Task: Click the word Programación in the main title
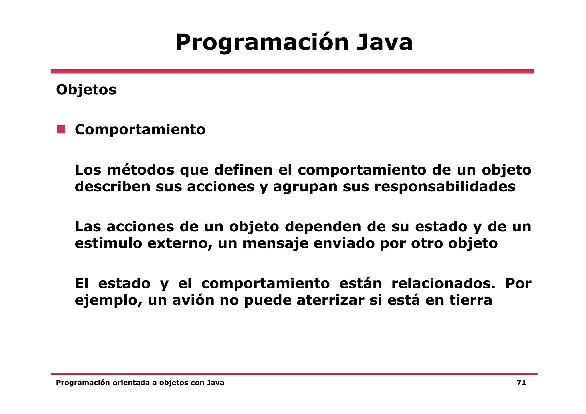click(x=262, y=43)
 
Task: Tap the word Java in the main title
click(x=385, y=43)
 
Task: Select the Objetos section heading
click(x=86, y=90)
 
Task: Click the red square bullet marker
click(x=61, y=129)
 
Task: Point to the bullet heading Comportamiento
click(x=140, y=130)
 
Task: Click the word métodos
click(x=140, y=170)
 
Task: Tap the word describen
click(x=112, y=187)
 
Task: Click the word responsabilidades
click(x=445, y=187)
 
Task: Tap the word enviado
click(x=344, y=243)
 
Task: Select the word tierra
click(x=471, y=300)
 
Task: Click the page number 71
click(x=521, y=383)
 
